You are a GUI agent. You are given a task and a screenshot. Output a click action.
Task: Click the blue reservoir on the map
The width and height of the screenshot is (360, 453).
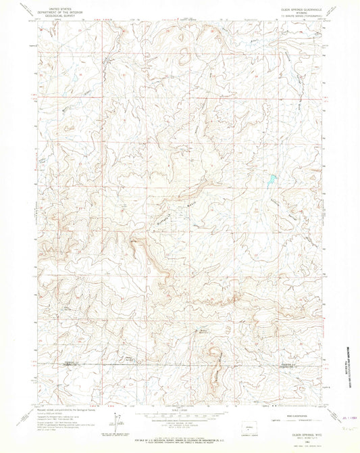coord(271,181)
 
